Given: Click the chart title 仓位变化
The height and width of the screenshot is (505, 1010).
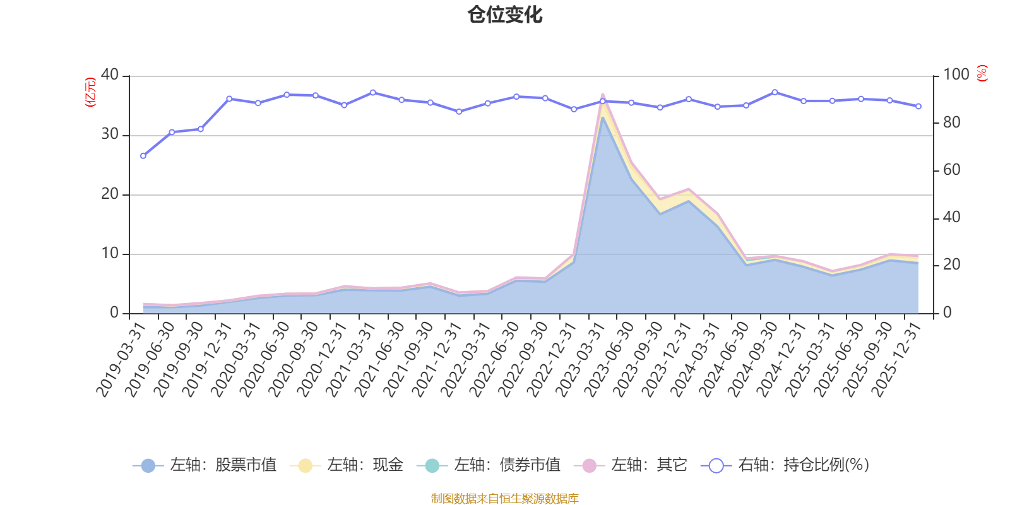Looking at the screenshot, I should click(x=505, y=15).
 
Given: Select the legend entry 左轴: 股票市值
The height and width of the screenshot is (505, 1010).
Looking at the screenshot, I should click(x=205, y=466).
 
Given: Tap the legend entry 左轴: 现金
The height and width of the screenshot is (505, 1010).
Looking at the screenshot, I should click(x=347, y=466).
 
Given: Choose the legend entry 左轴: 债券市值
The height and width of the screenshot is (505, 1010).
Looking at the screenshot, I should click(x=489, y=466).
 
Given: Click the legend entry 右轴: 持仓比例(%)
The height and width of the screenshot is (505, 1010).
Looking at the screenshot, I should click(x=785, y=466).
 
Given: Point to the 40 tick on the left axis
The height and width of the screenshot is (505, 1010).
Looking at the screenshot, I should click(x=110, y=74).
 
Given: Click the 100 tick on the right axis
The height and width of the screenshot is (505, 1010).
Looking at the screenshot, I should click(x=956, y=74).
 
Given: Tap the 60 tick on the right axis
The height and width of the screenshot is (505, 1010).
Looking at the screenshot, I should click(x=952, y=170).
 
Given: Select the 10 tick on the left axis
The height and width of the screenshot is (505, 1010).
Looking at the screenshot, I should click(x=110, y=254).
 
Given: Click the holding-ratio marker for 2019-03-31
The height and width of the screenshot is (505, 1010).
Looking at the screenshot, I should click(x=143, y=155).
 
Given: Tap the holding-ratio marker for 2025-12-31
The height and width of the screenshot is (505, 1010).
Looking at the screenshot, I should click(x=918, y=106).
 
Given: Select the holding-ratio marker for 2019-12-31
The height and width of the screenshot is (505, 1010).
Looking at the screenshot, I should click(x=229, y=98).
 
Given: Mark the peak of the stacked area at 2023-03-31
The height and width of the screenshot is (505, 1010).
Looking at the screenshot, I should click(x=602, y=95).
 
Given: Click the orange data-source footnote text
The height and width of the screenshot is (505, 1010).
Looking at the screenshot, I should click(x=505, y=499).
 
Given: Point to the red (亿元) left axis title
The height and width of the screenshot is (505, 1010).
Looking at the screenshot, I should click(x=90, y=92).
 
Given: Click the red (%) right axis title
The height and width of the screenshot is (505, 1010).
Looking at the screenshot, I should click(x=982, y=73).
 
